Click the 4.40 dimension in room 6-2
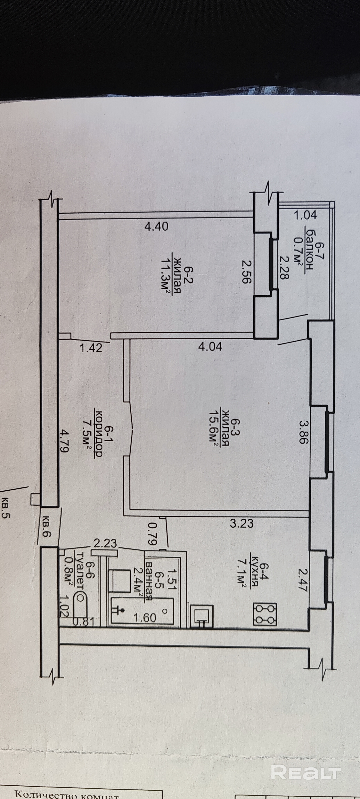click(x=156, y=226)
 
